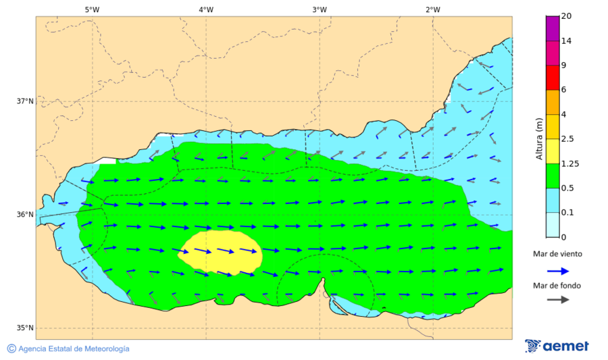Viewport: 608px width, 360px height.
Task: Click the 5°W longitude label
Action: click(x=92, y=9)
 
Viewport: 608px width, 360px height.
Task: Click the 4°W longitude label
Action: click(x=206, y=9)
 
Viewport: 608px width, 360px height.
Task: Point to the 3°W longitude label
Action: click(x=320, y=9)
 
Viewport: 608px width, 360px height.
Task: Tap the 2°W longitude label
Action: click(x=433, y=9)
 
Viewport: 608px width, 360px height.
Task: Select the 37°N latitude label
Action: click(x=25, y=101)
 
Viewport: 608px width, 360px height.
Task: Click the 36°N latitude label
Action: click(x=25, y=215)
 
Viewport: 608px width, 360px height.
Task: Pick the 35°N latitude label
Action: click(x=25, y=328)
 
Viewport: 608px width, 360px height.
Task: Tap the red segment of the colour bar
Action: click(x=553, y=78)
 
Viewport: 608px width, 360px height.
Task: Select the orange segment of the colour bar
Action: click(x=553, y=102)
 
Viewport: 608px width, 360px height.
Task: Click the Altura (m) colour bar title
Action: click(x=539, y=138)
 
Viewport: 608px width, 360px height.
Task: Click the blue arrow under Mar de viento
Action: click(x=557, y=270)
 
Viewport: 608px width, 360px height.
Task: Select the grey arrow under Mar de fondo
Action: click(x=557, y=299)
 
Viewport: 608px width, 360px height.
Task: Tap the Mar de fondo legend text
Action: click(x=557, y=285)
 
